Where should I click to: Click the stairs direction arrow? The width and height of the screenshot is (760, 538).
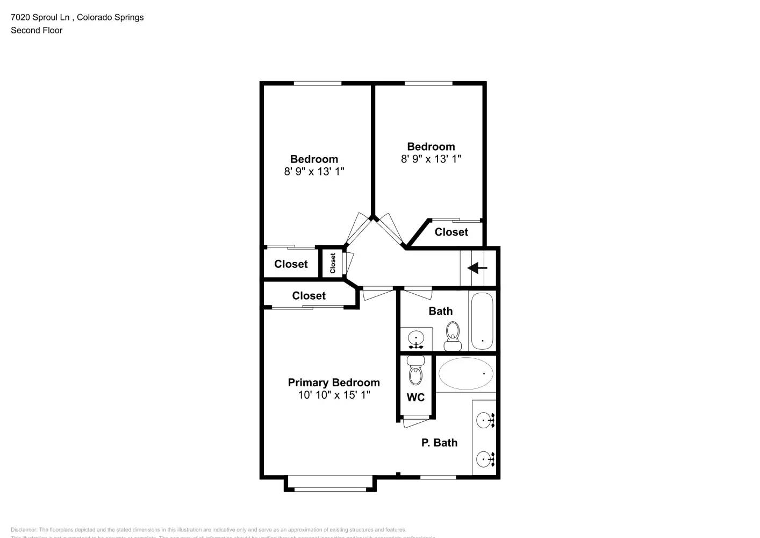477,268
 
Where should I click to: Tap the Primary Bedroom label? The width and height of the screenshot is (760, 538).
334,383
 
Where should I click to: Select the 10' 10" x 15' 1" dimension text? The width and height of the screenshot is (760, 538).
334,395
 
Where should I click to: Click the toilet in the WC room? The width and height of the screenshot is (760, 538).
415,371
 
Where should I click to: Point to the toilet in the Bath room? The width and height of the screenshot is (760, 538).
453,335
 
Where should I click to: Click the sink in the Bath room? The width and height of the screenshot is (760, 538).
416,339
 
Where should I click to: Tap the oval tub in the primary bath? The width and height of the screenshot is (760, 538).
465,373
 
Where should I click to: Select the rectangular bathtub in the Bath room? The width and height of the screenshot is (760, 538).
482,321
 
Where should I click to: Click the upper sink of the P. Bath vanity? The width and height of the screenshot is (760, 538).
485,420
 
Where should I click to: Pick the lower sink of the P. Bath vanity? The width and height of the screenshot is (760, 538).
485,459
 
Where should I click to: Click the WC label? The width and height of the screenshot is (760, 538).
415,398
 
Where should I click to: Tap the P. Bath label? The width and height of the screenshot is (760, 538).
439,443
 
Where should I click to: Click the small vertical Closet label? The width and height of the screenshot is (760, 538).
333,263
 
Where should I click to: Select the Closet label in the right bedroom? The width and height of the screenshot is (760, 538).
451,232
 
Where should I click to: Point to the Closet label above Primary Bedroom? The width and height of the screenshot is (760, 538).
309,296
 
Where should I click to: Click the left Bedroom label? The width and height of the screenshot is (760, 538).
314,159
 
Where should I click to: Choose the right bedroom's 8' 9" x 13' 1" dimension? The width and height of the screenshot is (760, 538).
431,159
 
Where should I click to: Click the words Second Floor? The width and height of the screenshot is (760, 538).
37,30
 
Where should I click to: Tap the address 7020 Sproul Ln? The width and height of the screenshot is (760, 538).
40,17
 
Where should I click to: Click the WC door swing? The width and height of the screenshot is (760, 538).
416,423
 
